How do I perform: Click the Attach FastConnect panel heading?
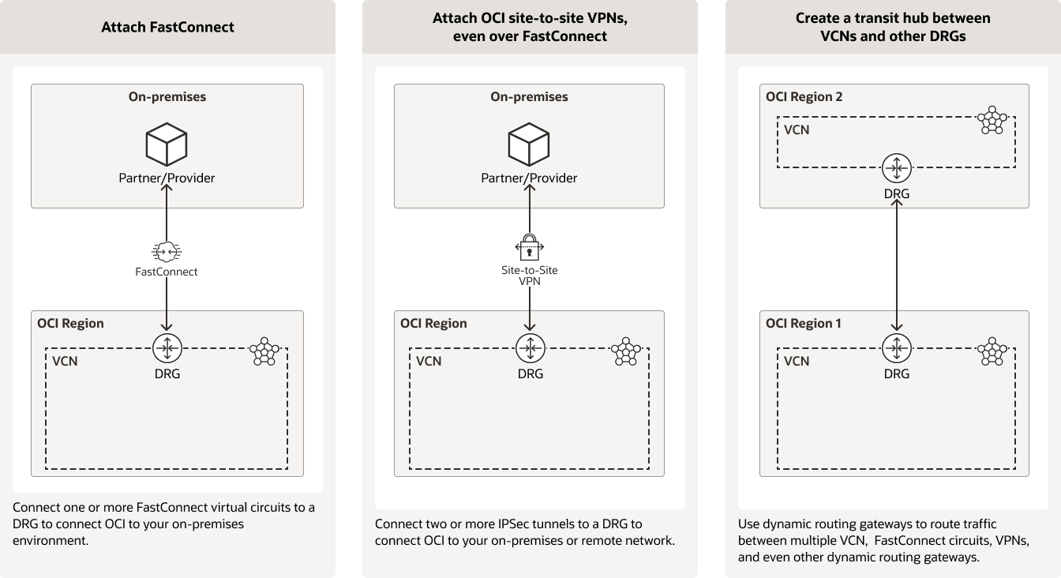click(x=167, y=27)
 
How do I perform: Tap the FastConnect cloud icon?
click(x=167, y=251)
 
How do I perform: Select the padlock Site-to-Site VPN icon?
click(x=530, y=246)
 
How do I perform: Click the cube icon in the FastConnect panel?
click(x=167, y=144)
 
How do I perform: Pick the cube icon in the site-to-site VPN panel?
click(x=529, y=144)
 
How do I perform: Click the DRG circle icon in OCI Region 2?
click(x=896, y=167)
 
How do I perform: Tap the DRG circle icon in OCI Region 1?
click(x=896, y=347)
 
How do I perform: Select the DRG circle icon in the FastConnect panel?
click(x=167, y=347)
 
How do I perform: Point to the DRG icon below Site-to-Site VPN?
click(x=530, y=347)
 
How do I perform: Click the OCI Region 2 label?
click(x=804, y=96)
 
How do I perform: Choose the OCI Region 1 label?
click(x=803, y=323)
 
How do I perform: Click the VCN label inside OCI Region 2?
click(x=797, y=129)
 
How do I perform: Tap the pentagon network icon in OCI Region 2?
click(x=992, y=122)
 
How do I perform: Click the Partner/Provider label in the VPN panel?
click(x=529, y=178)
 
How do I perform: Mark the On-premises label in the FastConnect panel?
click(x=167, y=96)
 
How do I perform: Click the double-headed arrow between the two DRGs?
click(x=896, y=265)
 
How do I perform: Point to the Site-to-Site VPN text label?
click(x=529, y=276)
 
